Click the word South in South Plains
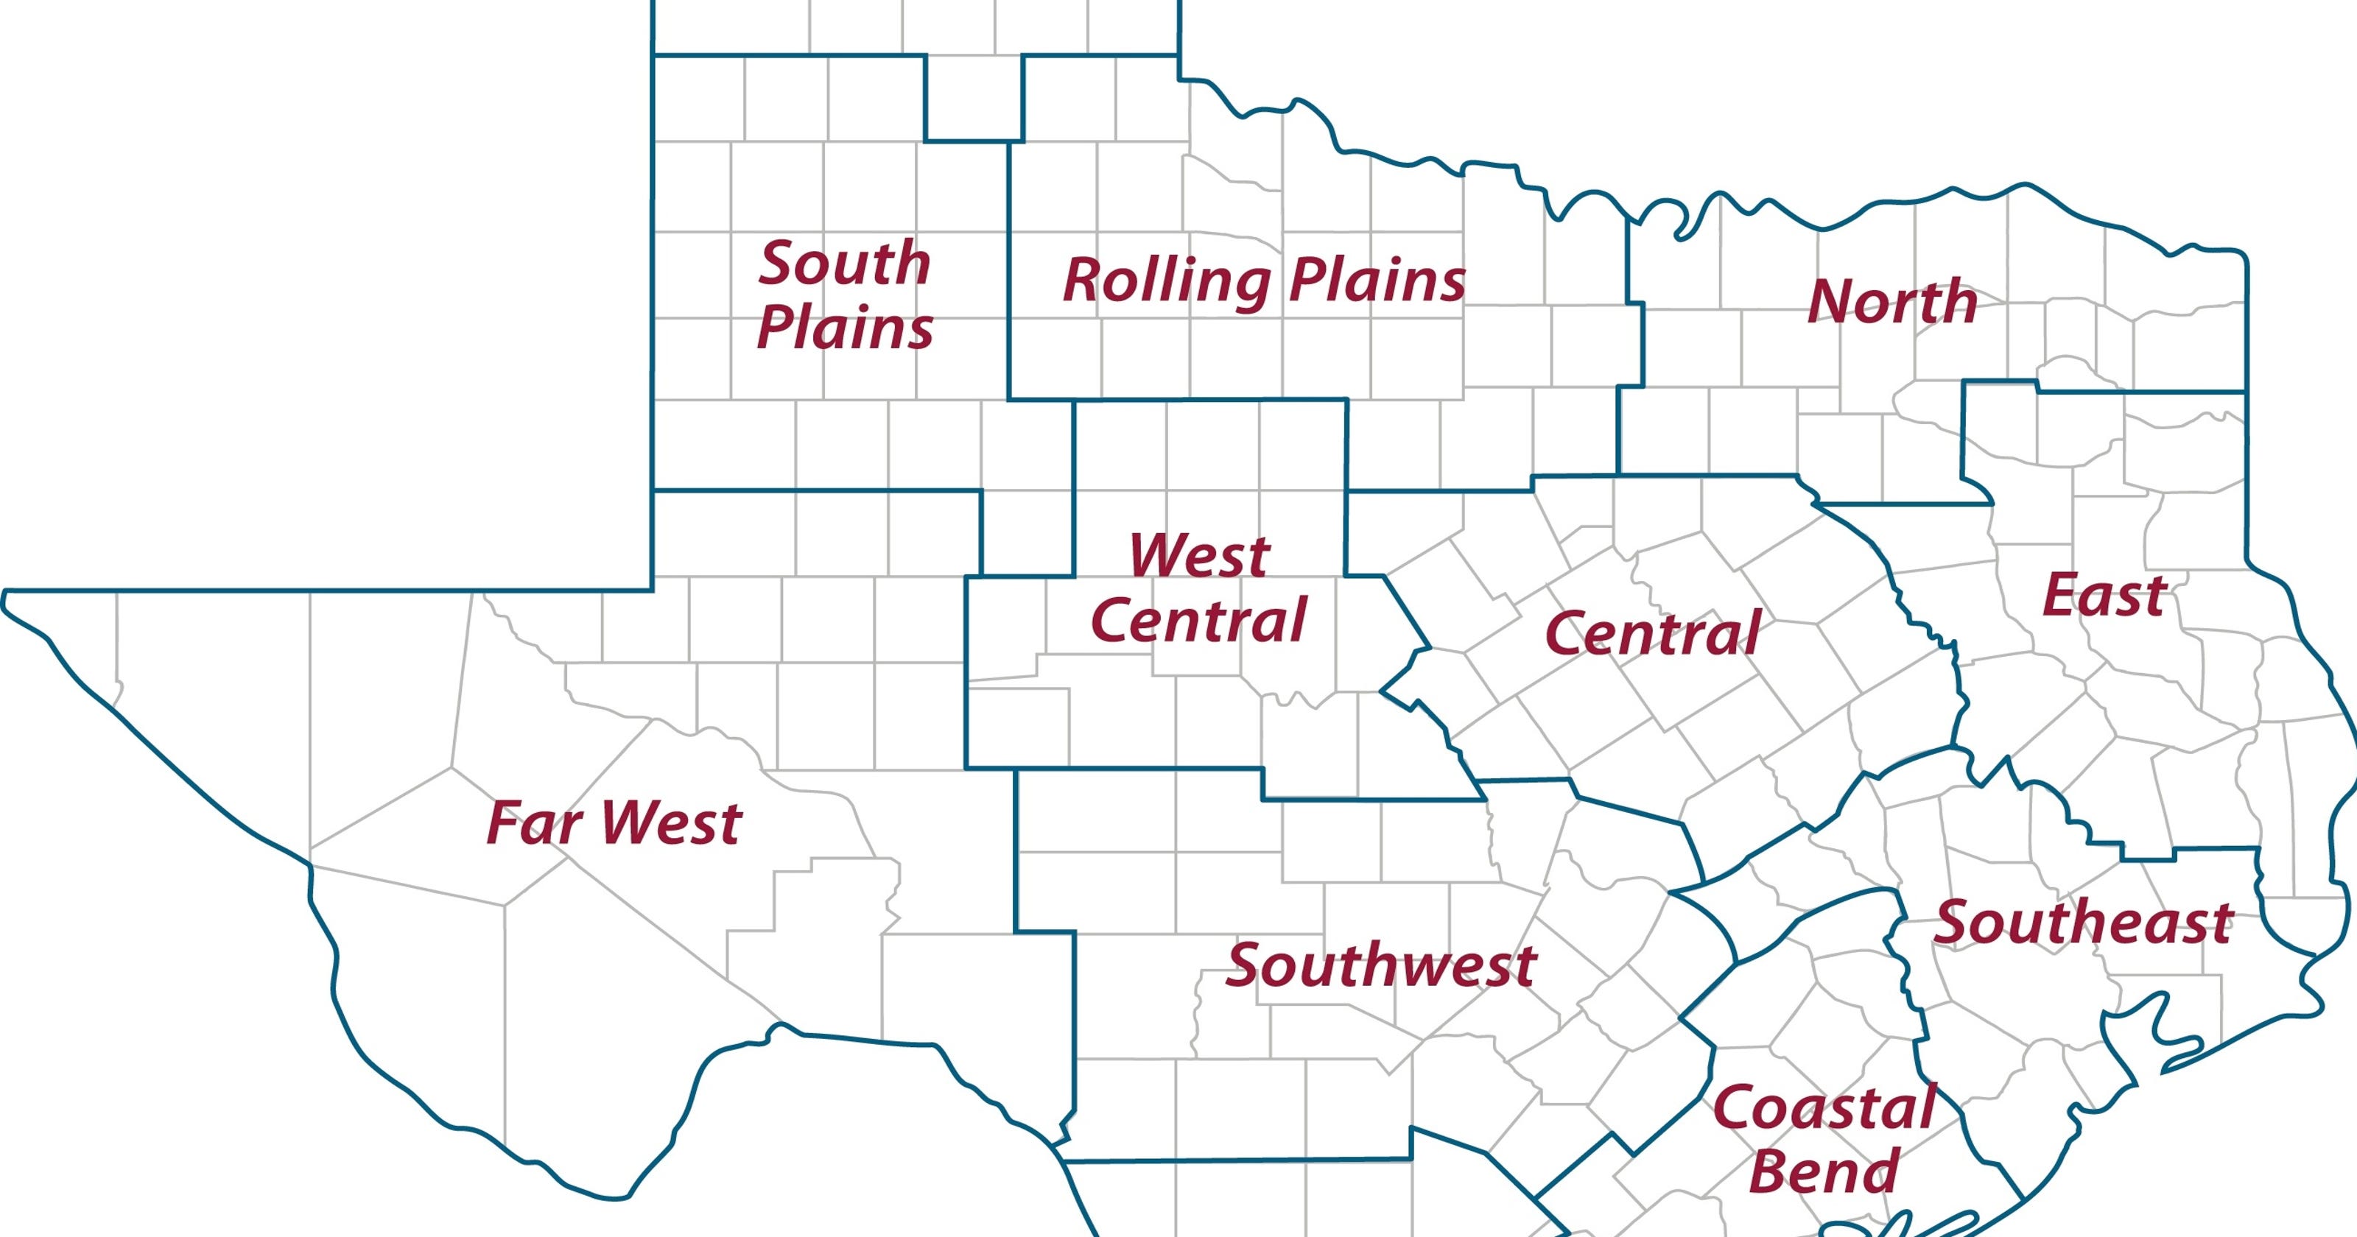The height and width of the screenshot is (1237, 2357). (845, 264)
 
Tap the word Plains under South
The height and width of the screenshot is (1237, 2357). (845, 328)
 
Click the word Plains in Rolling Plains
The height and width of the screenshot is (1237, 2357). (1377, 280)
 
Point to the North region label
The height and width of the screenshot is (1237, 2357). (1892, 302)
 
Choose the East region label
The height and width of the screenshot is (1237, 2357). (2104, 596)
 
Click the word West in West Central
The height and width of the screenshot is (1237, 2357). (1198, 554)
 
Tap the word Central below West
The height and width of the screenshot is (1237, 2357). (1198, 620)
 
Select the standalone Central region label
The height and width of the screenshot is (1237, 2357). (1652, 633)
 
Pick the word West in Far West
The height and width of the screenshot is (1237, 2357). (672, 822)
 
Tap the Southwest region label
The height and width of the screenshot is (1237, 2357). (1381, 965)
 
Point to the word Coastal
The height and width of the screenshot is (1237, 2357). (1824, 1108)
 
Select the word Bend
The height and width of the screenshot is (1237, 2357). (1824, 1171)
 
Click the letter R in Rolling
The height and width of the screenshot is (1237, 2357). (1083, 280)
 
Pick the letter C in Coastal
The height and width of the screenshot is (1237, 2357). (1733, 1108)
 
